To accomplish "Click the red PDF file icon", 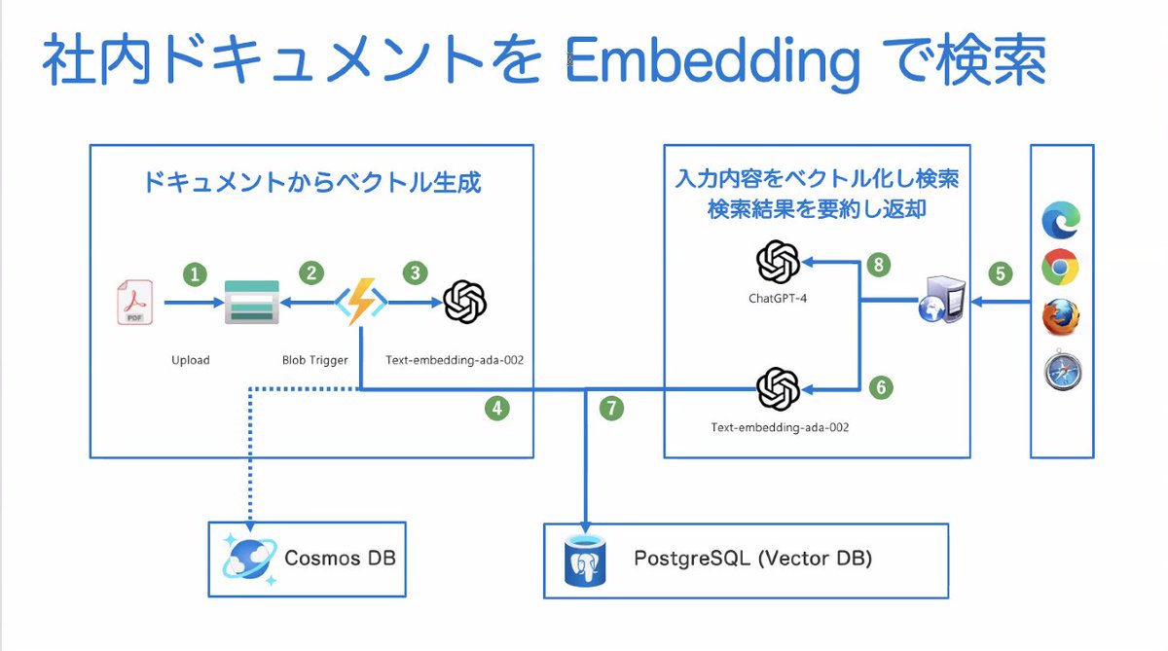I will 134,303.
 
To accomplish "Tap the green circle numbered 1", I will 196,274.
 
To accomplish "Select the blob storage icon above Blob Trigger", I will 251,303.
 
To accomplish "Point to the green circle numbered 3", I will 416,273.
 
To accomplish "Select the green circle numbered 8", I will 879,265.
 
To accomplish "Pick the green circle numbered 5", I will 1001,274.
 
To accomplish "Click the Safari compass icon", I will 1060,372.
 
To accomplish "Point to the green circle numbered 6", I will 880,387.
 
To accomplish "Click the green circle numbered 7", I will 610,409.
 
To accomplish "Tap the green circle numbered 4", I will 497,409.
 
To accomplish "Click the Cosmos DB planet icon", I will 249,559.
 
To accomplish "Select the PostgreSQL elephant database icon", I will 586,560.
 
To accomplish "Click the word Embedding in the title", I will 712,62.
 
